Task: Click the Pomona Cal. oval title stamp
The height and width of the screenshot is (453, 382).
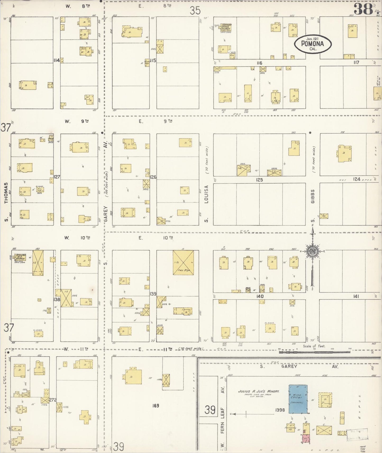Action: [x=313, y=44]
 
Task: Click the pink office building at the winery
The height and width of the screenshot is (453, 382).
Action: [x=306, y=439]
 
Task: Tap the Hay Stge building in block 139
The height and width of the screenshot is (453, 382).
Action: [x=183, y=262]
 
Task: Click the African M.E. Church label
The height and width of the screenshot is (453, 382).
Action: [x=20, y=257]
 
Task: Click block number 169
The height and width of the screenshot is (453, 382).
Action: [x=156, y=405]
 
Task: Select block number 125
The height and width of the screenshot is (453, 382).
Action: [x=259, y=180]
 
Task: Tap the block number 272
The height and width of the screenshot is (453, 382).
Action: [x=53, y=400]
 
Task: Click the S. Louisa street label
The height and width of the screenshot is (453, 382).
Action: [x=206, y=204]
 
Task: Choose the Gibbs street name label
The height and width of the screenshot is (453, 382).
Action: [x=313, y=196]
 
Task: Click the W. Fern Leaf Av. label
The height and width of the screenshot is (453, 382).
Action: [x=222, y=418]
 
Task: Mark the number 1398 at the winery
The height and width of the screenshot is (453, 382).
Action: [x=280, y=410]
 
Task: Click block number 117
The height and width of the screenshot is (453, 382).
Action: [x=356, y=63]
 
